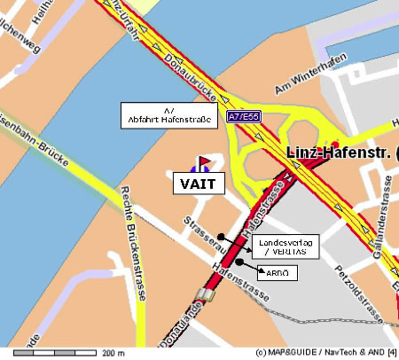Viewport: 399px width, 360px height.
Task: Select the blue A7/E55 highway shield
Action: point(243,116)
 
